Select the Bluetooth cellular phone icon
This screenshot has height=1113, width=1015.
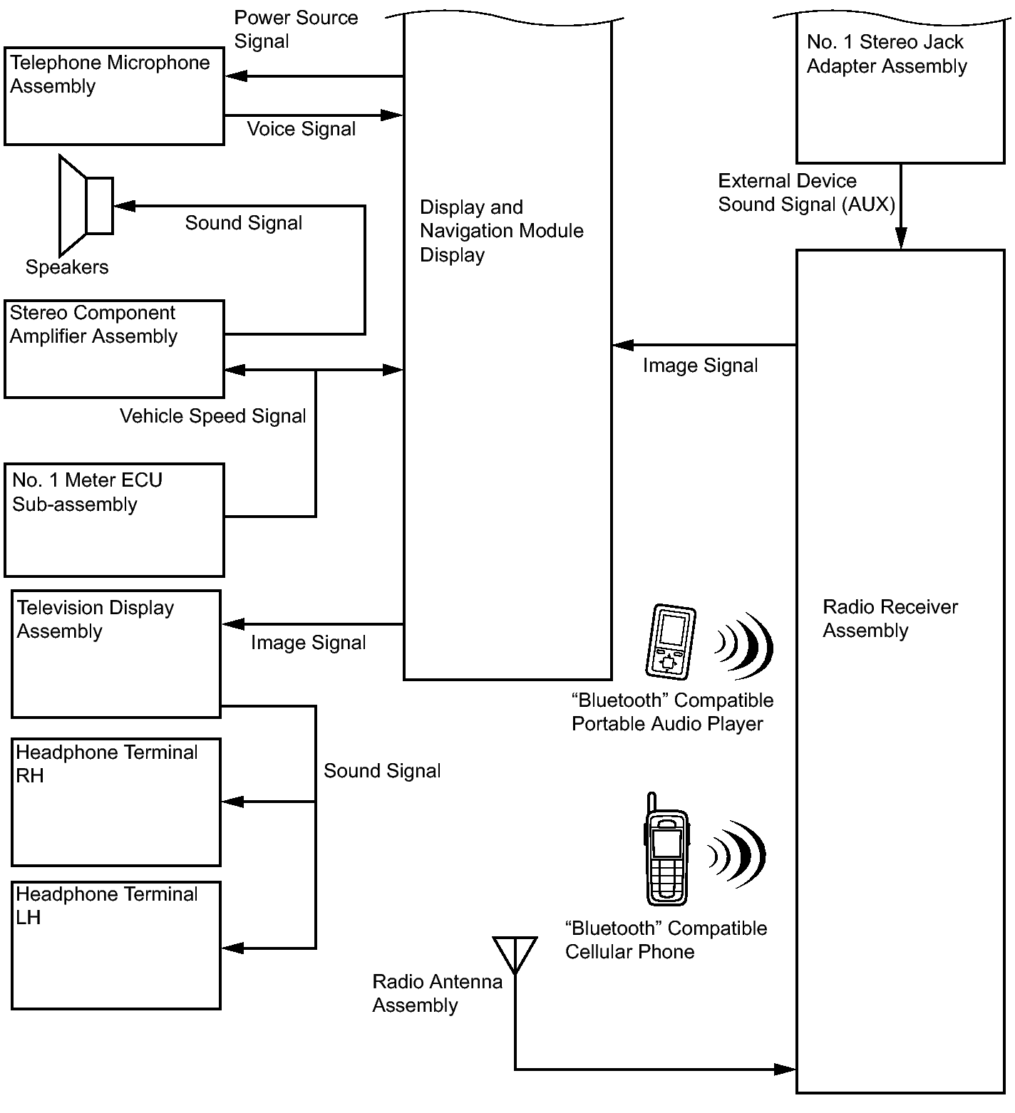667,850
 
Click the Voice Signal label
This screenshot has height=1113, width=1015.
302,129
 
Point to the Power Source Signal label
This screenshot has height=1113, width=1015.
296,29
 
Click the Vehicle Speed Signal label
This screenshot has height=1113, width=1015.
212,416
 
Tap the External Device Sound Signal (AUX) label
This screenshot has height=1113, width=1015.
806,192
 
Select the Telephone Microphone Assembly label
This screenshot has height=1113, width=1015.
110,74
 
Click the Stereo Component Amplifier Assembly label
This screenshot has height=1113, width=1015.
93,324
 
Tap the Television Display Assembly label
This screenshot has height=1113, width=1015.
96,619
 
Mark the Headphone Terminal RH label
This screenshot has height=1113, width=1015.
107,764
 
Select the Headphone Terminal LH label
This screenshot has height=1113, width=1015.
107,906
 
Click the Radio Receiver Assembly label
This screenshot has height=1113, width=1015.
890,618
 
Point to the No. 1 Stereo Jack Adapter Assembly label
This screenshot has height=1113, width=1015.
887,54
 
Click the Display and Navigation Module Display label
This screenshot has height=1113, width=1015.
501,231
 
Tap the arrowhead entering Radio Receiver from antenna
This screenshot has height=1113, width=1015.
785,1069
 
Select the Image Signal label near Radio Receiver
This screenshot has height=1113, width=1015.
700,366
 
